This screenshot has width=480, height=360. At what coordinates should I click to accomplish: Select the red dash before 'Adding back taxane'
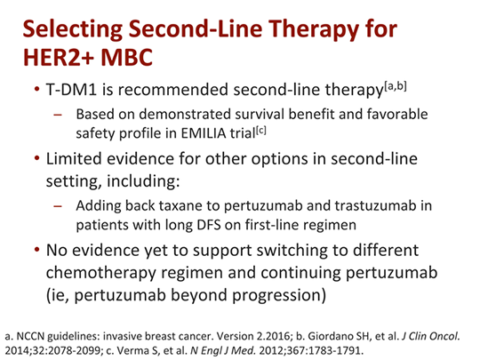point(57,206)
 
